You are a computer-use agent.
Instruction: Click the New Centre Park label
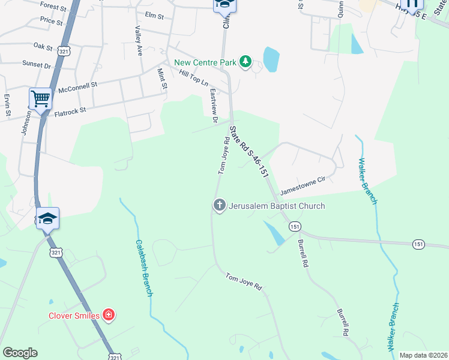click(x=205, y=62)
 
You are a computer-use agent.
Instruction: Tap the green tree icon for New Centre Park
click(x=245, y=61)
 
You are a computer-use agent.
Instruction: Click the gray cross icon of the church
click(x=219, y=206)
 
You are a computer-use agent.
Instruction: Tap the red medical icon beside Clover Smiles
click(x=109, y=314)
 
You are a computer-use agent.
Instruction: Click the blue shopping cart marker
click(x=40, y=98)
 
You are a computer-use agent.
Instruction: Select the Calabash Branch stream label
click(x=143, y=268)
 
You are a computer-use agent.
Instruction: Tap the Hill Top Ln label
click(x=193, y=77)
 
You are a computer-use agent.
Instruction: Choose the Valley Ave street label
click(x=139, y=41)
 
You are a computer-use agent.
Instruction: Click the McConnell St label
click(x=77, y=88)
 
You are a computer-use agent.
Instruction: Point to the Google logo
click(x=20, y=353)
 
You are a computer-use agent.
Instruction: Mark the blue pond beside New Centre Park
click(x=271, y=59)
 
